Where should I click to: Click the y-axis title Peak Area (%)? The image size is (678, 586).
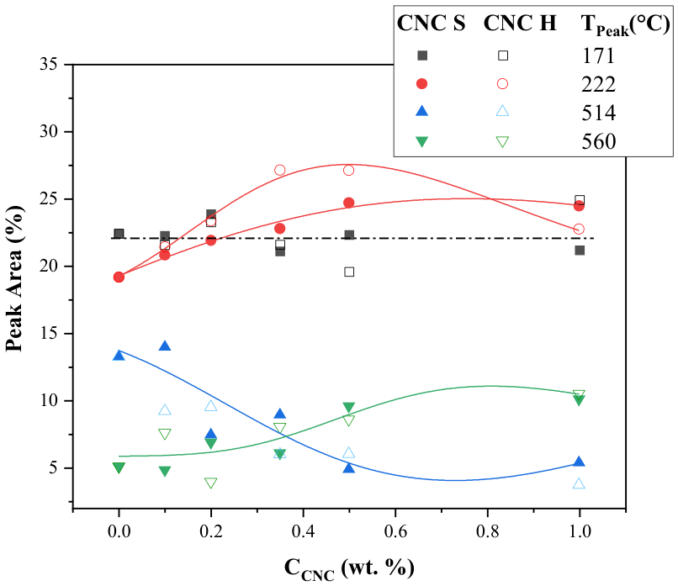[x=14, y=279]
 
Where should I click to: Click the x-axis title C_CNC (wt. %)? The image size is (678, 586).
[x=349, y=568]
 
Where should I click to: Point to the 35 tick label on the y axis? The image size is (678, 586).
[x=49, y=65]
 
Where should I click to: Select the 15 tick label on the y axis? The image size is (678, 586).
[x=49, y=334]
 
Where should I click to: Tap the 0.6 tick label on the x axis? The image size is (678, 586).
[x=395, y=531]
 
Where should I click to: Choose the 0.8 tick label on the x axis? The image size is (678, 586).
[x=487, y=531]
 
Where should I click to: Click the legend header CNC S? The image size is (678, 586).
[x=431, y=23]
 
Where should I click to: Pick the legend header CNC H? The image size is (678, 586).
[x=520, y=23]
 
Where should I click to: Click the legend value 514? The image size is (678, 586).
[x=598, y=113]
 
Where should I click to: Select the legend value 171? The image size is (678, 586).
[x=598, y=55]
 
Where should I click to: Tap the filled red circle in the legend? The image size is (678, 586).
[x=421, y=84]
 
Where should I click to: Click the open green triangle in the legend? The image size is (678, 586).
[x=502, y=142]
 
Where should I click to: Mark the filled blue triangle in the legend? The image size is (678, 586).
[x=421, y=111]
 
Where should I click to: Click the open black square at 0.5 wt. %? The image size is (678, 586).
[x=349, y=272]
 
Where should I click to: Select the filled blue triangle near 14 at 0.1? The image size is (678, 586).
[x=165, y=346]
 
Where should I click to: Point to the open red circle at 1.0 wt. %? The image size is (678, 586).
[x=579, y=229]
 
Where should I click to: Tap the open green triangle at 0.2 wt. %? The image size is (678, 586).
[x=210, y=483]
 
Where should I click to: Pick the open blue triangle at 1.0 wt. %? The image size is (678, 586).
[x=579, y=483]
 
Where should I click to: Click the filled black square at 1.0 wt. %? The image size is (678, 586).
[x=580, y=251]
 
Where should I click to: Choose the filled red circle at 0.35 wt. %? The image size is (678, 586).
[x=280, y=228]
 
